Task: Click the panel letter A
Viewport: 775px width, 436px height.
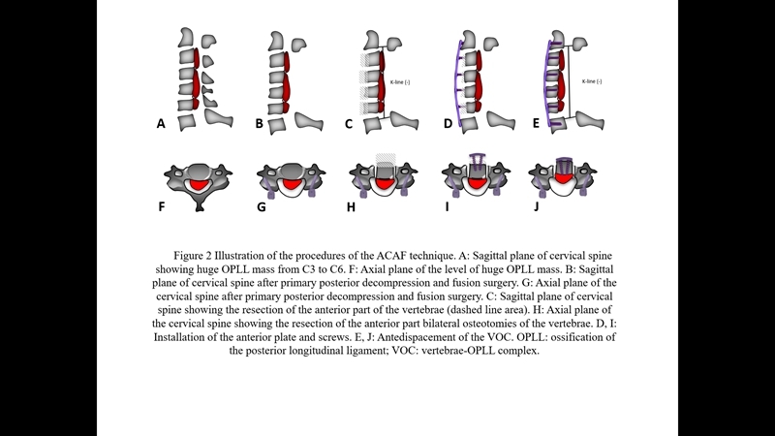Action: pyautogui.click(x=161, y=124)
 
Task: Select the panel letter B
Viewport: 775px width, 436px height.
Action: pyautogui.click(x=259, y=124)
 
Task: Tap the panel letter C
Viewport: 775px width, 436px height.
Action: pyautogui.click(x=348, y=124)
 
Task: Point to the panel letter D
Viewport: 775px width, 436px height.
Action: pyautogui.click(x=448, y=124)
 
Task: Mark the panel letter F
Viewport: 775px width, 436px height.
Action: pyautogui.click(x=161, y=206)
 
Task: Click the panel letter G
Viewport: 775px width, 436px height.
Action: pyautogui.click(x=260, y=206)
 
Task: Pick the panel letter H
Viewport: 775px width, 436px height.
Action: pyautogui.click(x=350, y=206)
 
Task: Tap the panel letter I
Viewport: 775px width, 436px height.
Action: pyautogui.click(x=446, y=206)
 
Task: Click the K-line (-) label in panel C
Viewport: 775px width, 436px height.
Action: pyautogui.click(x=400, y=82)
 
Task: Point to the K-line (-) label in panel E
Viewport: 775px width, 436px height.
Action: pyautogui.click(x=592, y=81)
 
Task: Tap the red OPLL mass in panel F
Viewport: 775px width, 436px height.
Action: pyautogui.click(x=201, y=183)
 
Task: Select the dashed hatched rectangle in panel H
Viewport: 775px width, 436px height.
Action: pyautogui.click(x=387, y=159)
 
